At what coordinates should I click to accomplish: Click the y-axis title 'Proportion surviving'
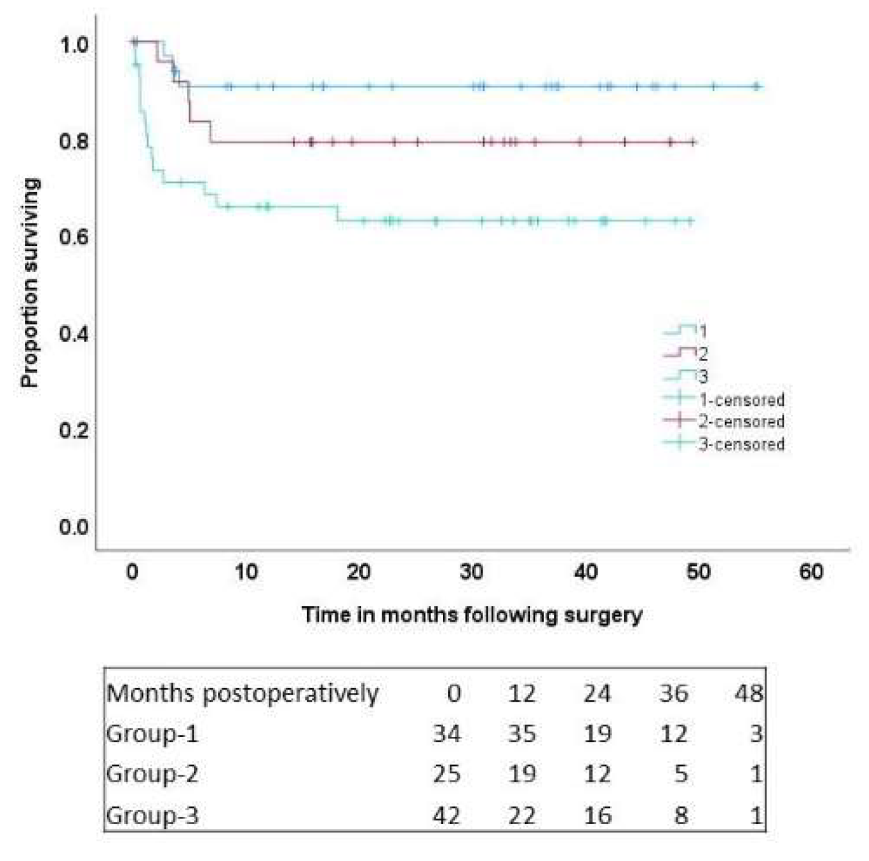(29, 282)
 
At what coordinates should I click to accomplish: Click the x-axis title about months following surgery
(472, 615)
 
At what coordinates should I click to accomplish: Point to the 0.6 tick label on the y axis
(74, 237)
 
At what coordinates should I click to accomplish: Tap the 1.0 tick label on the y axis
(74, 45)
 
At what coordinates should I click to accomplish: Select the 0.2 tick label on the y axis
(74, 430)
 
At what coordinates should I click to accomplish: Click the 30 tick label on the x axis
(472, 571)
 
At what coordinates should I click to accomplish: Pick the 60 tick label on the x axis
(811, 571)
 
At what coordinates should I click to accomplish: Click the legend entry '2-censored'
(741, 421)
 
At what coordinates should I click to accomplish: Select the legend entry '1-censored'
(741, 399)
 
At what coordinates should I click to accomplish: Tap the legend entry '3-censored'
(741, 444)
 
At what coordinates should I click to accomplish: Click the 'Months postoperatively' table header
(243, 693)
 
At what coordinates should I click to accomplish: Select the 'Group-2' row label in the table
(152, 774)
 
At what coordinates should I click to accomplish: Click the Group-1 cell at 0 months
(447, 734)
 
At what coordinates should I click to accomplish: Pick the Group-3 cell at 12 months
(522, 815)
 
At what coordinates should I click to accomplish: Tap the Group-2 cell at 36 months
(680, 774)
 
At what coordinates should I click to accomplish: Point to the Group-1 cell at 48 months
(756, 734)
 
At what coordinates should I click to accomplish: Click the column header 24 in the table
(596, 693)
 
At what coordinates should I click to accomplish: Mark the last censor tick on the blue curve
(756, 86)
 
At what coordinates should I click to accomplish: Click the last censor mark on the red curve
(692, 142)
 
